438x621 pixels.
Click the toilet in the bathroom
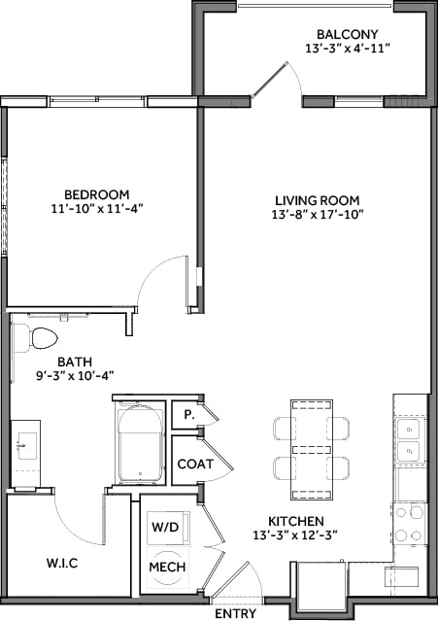(x=41, y=338)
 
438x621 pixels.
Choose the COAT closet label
(x=194, y=464)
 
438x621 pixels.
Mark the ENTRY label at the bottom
(x=234, y=612)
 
